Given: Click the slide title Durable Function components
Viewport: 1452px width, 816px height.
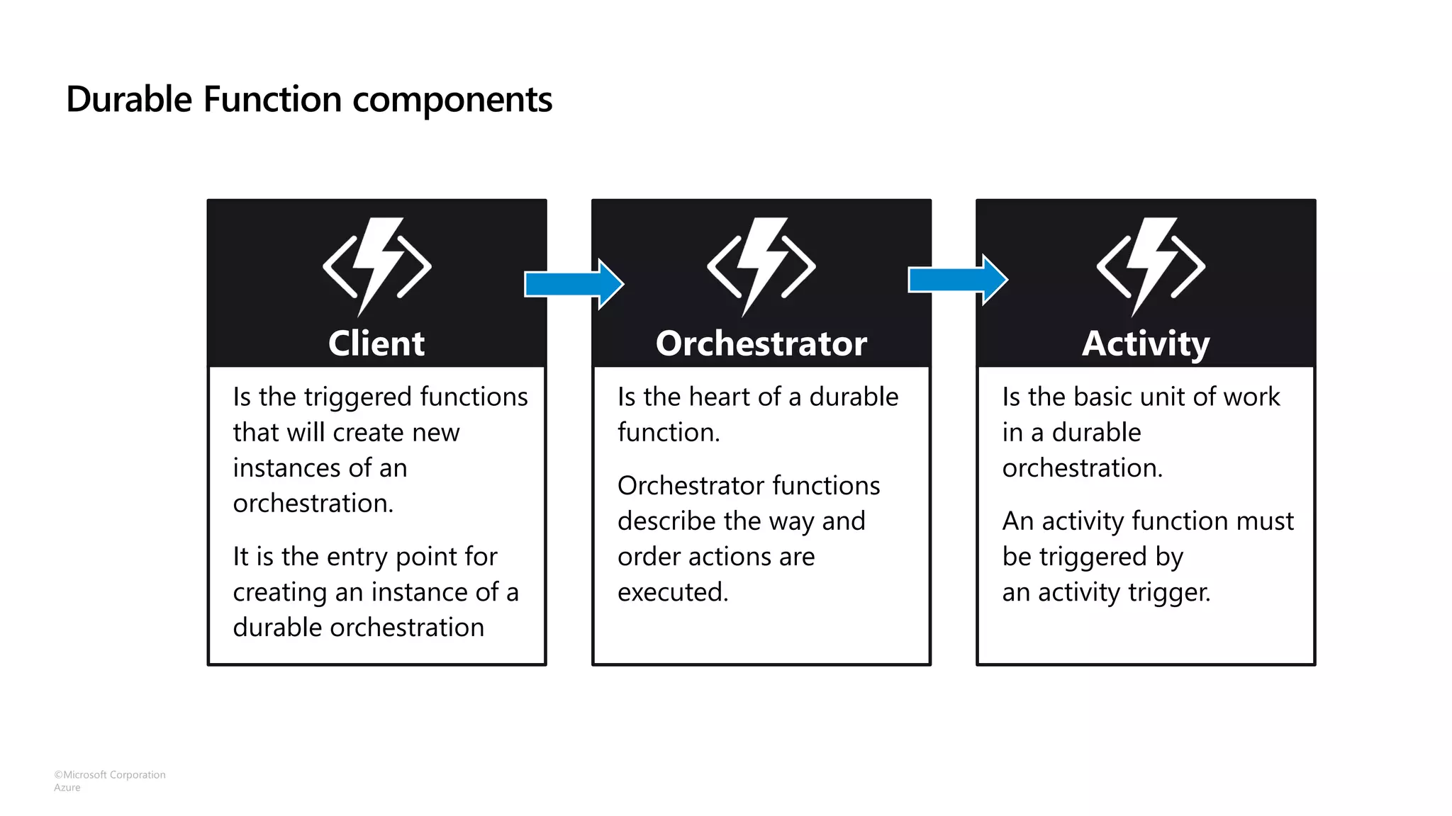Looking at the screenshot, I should [309, 99].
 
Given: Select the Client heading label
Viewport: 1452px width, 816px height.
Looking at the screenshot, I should [376, 344].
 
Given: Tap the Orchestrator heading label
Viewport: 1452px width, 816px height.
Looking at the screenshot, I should [761, 344].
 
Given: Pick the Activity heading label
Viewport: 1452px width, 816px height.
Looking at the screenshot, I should [1145, 344].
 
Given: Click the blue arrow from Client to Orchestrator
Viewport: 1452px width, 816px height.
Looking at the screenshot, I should [574, 284].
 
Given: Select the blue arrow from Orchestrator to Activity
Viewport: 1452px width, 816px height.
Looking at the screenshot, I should [958, 280].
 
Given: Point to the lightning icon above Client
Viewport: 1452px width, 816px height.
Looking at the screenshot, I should [376, 266].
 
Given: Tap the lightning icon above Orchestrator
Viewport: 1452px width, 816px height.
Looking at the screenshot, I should [761, 266].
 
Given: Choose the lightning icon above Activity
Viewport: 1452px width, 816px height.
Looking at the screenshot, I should [1150, 266].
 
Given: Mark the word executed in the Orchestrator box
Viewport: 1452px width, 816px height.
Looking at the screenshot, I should [672, 592].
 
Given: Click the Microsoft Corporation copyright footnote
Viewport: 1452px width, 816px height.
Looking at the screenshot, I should [110, 775].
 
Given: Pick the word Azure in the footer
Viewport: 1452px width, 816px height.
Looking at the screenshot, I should [67, 788].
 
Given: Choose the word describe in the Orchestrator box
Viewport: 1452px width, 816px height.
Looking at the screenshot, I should [666, 521].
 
